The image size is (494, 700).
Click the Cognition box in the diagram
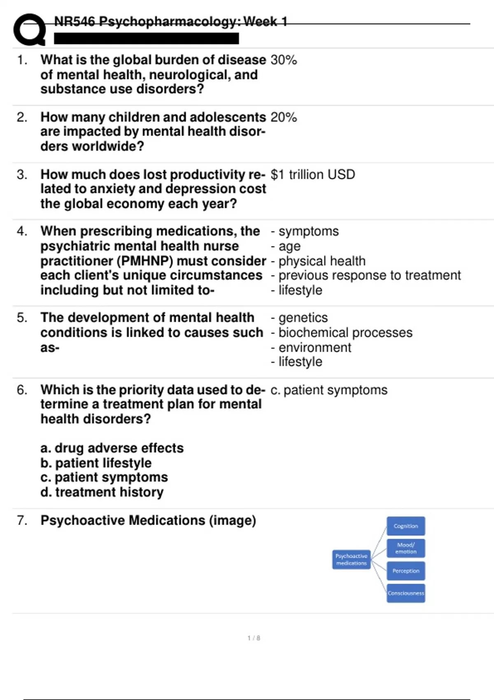coord(405,526)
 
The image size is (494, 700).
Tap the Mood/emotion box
coord(405,548)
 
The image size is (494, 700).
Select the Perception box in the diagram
coord(405,571)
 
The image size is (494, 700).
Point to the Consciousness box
coord(405,593)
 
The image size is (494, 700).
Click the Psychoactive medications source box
coord(351,560)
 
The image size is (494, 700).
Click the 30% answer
coord(284,60)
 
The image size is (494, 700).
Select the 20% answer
coord(284,117)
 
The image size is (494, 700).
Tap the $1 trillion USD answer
coord(313,175)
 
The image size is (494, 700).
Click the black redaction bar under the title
coord(146,39)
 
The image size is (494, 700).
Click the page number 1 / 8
coord(254,638)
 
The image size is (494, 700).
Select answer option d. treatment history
coord(102,492)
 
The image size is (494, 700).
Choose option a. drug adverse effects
coord(112,448)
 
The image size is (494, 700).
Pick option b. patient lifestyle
coord(96,463)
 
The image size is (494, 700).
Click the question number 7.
coord(22,520)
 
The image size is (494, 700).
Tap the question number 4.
coord(22,231)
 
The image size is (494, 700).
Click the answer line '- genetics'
coord(299,318)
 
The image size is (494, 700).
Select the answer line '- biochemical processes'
coord(342,333)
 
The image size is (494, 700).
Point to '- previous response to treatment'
coord(366,275)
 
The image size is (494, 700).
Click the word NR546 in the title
coord(75,21)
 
